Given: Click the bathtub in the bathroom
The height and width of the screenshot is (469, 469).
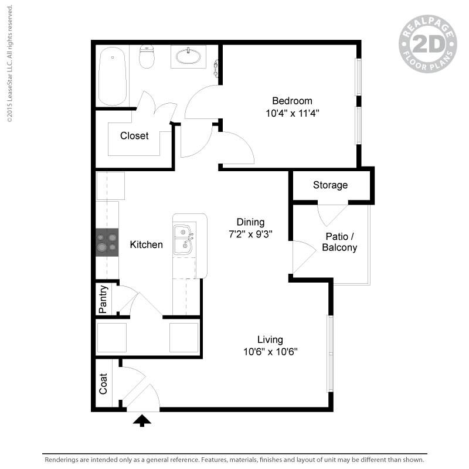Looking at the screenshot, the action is coord(112,76).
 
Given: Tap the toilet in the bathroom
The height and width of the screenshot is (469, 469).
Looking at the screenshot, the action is coord(147,56).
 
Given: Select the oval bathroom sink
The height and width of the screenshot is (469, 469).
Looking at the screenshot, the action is coord(188,56).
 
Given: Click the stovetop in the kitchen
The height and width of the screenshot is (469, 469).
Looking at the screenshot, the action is coord(107,242).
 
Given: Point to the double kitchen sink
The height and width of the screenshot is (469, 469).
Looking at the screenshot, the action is coord(183,240).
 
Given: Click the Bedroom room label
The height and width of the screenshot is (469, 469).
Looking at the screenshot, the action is coord(292,101).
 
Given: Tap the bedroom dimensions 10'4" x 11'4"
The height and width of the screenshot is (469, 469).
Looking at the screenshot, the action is coord(293,113).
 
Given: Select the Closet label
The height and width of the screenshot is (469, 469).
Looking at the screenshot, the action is coord(134,136).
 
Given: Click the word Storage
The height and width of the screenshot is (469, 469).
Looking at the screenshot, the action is coord(330,185).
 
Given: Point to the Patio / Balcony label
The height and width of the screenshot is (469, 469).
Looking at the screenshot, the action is coord(339,242).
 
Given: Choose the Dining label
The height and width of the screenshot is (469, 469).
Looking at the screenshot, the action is coord(250,222).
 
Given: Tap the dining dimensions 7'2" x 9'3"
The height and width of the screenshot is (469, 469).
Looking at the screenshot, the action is coord(250,234).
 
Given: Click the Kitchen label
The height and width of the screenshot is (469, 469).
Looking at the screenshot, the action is coord(146,244).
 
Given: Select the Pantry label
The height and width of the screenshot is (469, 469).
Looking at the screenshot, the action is coord(103,299).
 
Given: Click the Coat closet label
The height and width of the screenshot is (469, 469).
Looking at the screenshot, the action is coord(103,384).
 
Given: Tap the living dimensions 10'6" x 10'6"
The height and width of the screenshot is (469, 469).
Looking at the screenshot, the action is coord(270,352).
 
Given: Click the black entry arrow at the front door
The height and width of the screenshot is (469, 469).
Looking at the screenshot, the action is coord(142,420).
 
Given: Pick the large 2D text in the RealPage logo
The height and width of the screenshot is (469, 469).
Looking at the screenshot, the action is coord(428,44).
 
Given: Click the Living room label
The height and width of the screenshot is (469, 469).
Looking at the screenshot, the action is coord(270,340).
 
